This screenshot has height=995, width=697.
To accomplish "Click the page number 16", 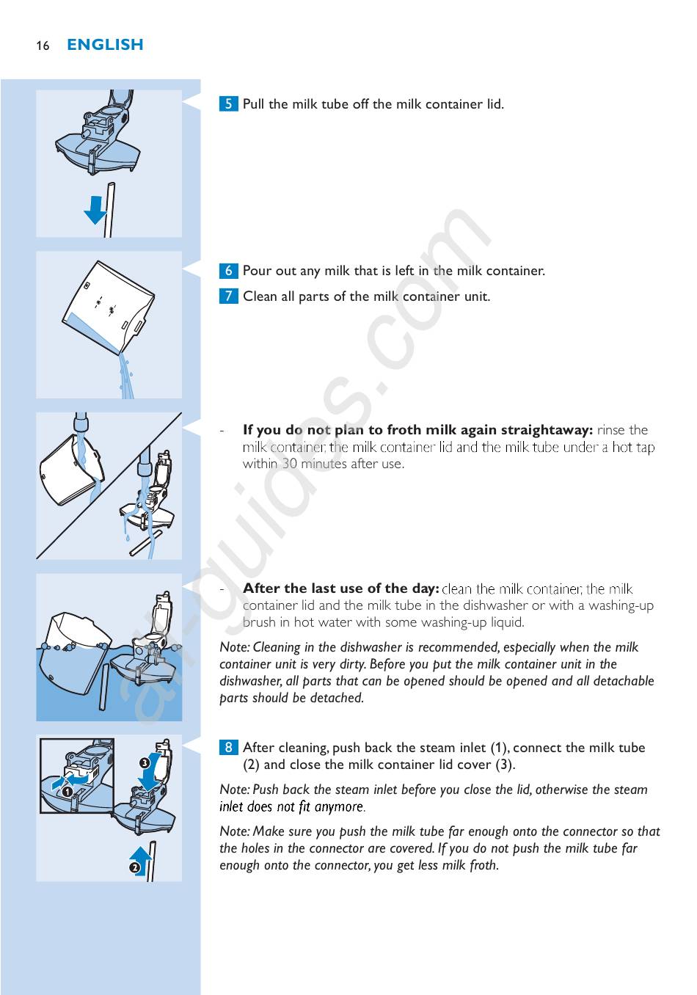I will click(43, 45).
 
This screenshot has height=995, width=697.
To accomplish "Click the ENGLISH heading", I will click(105, 45).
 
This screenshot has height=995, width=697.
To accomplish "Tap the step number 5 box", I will click(228, 103).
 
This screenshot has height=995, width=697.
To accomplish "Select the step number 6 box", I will click(228, 270).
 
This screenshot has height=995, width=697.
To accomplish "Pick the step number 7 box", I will click(228, 296).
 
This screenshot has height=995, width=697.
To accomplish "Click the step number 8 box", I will click(228, 747).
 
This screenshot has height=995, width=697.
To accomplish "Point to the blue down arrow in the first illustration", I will click(95, 209).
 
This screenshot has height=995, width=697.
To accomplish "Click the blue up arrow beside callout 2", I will click(141, 858).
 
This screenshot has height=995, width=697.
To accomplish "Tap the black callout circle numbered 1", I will click(67, 792).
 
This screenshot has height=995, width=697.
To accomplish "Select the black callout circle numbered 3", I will click(145, 763).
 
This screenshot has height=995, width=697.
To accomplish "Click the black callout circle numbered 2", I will click(134, 868).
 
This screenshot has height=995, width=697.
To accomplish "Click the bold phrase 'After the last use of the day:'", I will click(340, 588).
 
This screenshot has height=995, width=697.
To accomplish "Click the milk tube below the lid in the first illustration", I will click(110, 209).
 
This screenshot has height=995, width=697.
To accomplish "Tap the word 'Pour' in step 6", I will click(258, 270).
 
